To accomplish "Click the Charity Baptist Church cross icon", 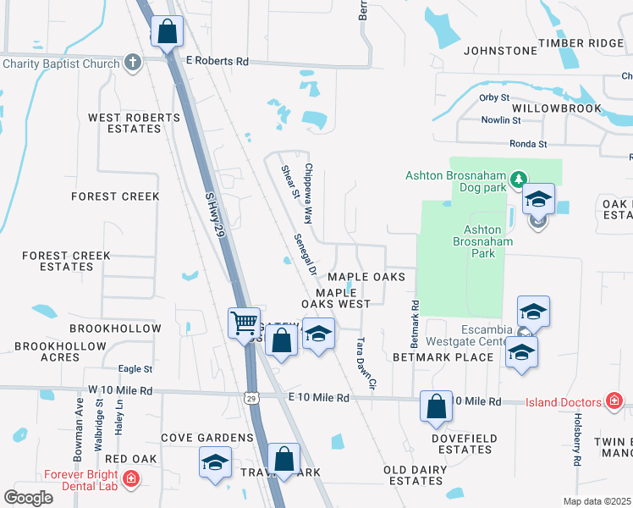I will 133,62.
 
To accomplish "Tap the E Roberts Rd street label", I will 217,62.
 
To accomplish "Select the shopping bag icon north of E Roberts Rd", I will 168,32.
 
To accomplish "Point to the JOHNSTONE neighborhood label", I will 501,51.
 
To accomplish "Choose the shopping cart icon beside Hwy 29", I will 244,322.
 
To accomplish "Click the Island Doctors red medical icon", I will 614,401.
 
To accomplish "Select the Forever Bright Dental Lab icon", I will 131,480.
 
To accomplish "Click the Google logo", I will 28,498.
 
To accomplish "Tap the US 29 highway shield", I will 251,397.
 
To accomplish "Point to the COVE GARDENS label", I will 207,438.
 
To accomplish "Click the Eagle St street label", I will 135,369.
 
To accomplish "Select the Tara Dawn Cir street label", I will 365,365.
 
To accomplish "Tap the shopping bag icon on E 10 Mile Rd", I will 436,406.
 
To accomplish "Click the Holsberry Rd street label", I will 578,440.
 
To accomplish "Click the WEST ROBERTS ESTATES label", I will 124,123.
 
